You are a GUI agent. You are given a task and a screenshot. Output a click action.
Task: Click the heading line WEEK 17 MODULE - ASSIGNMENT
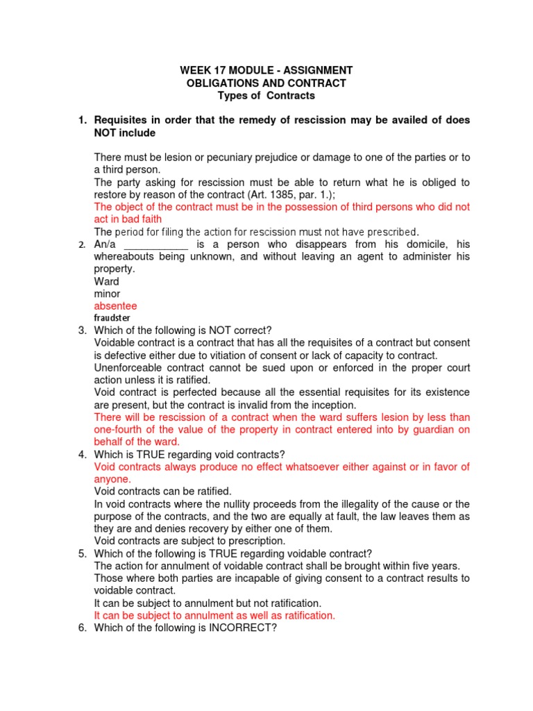[x=266, y=71]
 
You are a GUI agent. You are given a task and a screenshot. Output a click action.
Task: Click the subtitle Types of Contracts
[x=266, y=95]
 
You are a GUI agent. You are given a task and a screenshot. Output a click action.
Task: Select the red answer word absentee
[x=115, y=306]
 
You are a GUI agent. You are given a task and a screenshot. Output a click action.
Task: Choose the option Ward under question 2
[x=106, y=281]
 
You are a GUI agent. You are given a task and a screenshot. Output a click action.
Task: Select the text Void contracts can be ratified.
[x=162, y=492]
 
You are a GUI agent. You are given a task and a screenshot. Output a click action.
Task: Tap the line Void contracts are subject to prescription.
[x=189, y=541]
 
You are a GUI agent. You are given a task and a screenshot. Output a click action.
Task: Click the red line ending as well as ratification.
[x=214, y=615]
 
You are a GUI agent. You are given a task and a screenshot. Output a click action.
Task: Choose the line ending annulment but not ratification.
[x=208, y=603]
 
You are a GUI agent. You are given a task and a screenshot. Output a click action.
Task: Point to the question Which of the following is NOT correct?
[x=180, y=331]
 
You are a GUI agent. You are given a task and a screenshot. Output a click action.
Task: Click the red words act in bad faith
[x=128, y=219]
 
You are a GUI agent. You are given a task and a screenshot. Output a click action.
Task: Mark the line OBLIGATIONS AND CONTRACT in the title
[x=266, y=83]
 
